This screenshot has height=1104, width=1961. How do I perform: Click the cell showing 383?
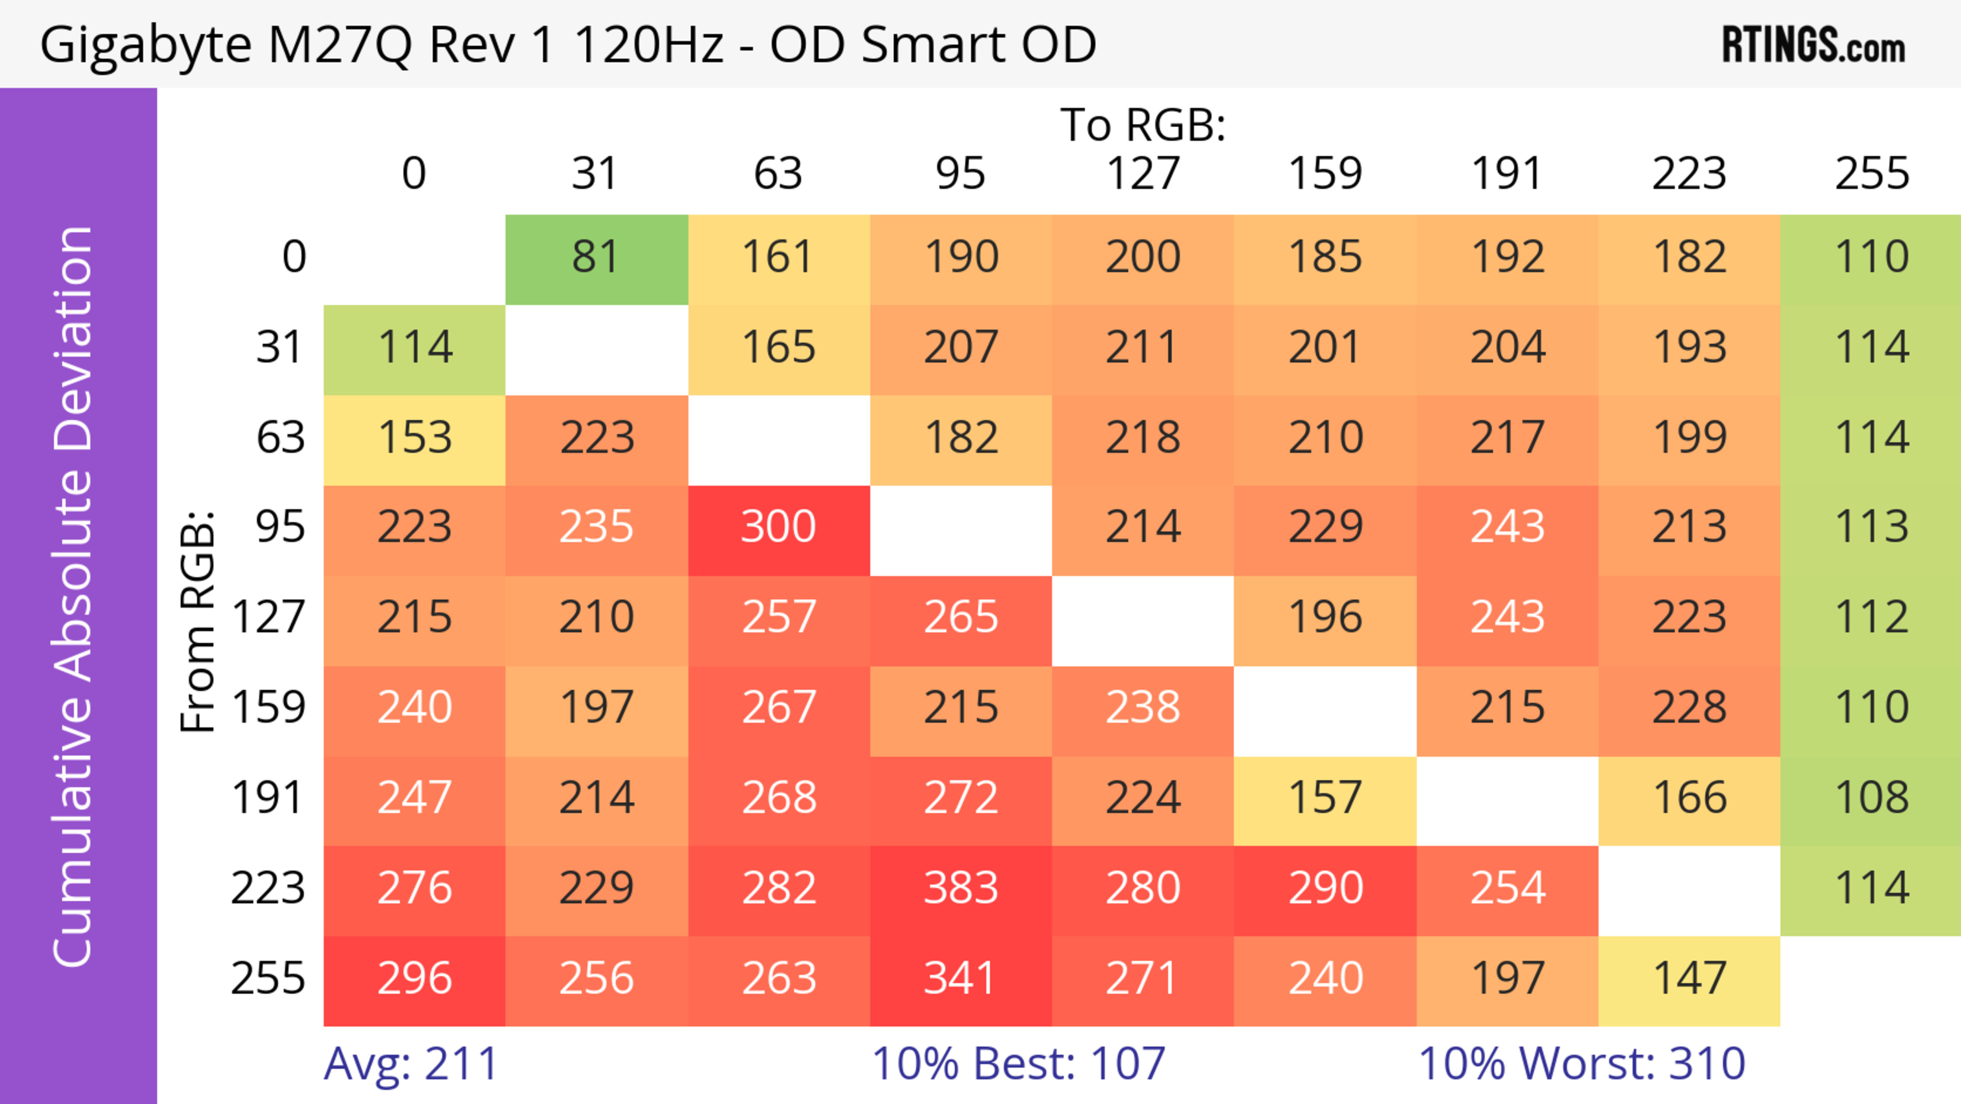[x=961, y=888]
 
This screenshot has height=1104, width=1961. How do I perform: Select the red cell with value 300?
[x=779, y=527]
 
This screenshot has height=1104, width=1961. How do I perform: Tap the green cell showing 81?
[x=596, y=257]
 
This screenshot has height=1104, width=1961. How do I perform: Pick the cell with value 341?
[x=961, y=978]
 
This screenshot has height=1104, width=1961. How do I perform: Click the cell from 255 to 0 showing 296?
[x=414, y=978]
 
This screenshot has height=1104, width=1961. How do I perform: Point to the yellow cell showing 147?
[x=1689, y=978]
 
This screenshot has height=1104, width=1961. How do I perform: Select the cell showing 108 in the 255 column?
[x=1871, y=798]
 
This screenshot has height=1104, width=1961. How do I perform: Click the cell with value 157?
[x=1325, y=798]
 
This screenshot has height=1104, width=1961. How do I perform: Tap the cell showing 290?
[x=1325, y=888]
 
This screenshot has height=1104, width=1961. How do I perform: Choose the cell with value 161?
[x=779, y=257]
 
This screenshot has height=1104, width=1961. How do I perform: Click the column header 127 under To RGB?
[x=1143, y=174]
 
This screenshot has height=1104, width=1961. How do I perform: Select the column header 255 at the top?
[x=1871, y=174]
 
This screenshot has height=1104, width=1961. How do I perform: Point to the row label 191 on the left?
[x=268, y=798]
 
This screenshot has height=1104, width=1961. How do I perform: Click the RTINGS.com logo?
[x=1813, y=45]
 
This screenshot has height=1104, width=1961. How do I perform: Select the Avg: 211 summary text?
[x=411, y=1064]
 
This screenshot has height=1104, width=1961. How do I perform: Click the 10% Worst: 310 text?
[x=1582, y=1064]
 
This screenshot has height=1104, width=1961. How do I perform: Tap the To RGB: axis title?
[x=1143, y=125]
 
